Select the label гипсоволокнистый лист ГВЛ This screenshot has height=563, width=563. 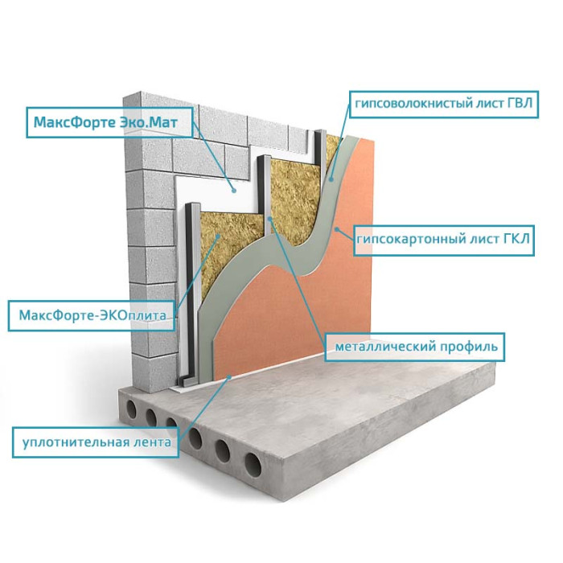(442, 104)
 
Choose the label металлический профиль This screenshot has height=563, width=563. (414, 347)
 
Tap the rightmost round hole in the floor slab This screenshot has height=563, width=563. (253, 462)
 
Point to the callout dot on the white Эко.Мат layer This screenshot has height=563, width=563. (234, 190)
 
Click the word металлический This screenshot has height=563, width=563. (380, 347)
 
